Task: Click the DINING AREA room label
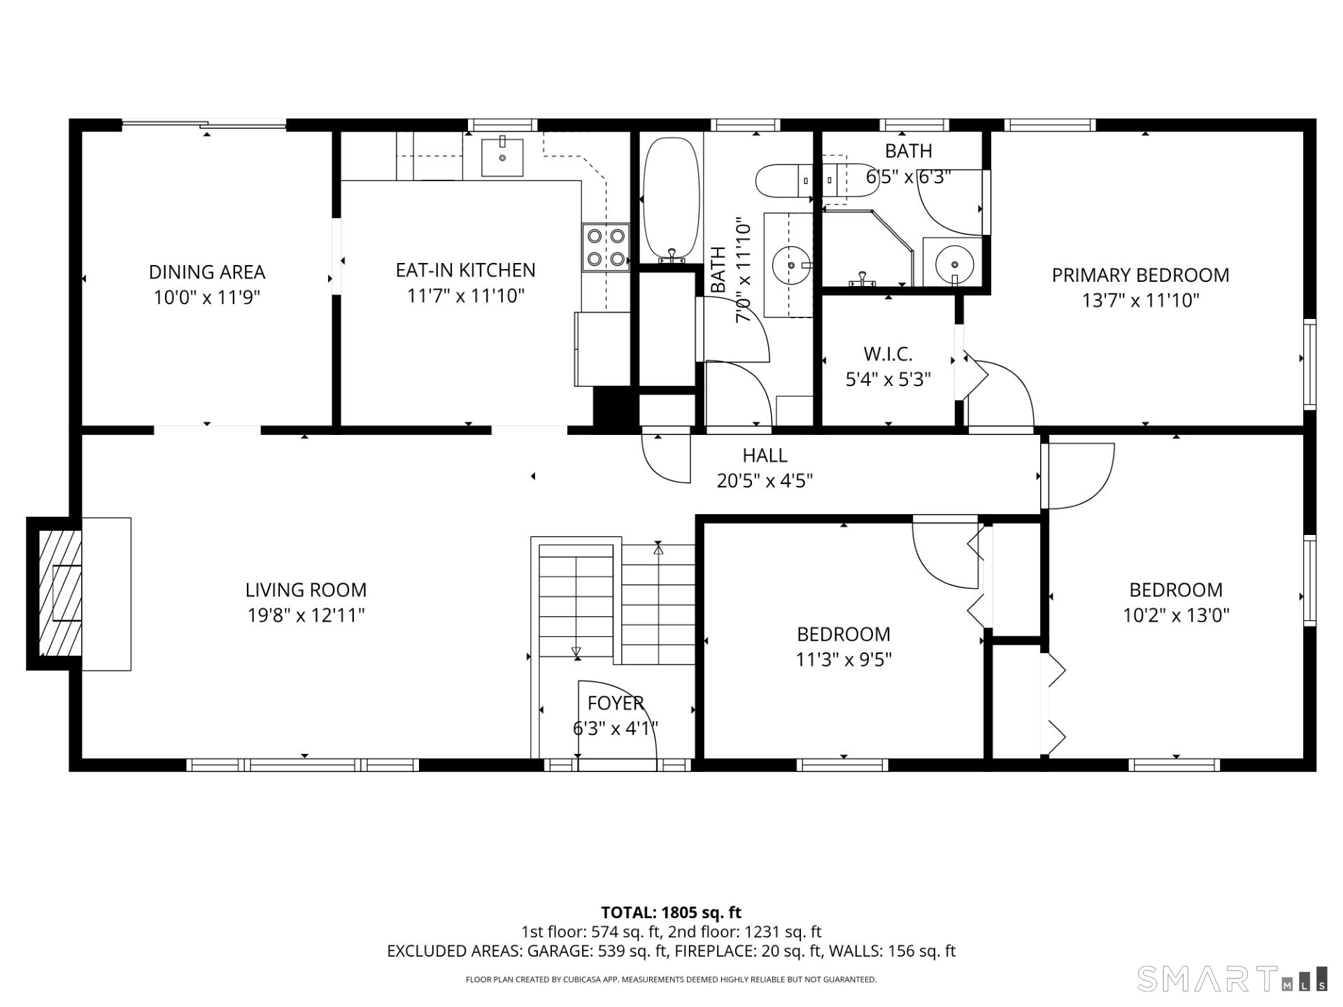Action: pos(207,272)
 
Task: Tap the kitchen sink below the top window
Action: pos(502,158)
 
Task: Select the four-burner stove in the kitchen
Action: pos(606,247)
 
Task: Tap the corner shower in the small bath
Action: pos(867,248)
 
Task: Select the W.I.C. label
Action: pos(888,354)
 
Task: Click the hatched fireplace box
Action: pos(59,593)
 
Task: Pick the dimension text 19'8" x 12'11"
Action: pos(306,615)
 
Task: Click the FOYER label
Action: pos(616,703)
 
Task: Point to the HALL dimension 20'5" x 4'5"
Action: pos(765,481)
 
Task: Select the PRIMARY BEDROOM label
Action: pos(1140,275)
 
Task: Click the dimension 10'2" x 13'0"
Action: pos(1176,615)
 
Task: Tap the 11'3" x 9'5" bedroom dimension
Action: pos(844,659)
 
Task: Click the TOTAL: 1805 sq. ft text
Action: pos(671,912)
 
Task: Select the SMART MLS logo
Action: pos(1232,978)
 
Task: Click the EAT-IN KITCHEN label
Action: pos(465,270)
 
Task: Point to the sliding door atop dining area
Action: pos(204,125)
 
